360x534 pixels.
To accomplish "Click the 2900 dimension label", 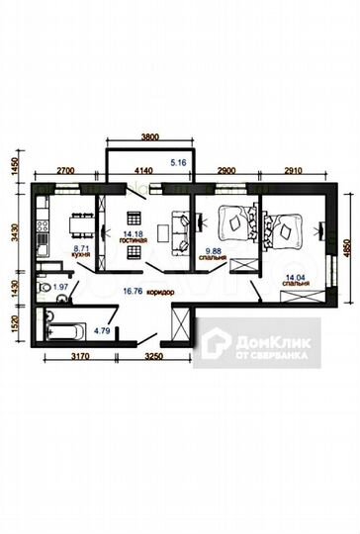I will click(226, 171).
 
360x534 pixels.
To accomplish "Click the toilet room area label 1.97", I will click(60, 287).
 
